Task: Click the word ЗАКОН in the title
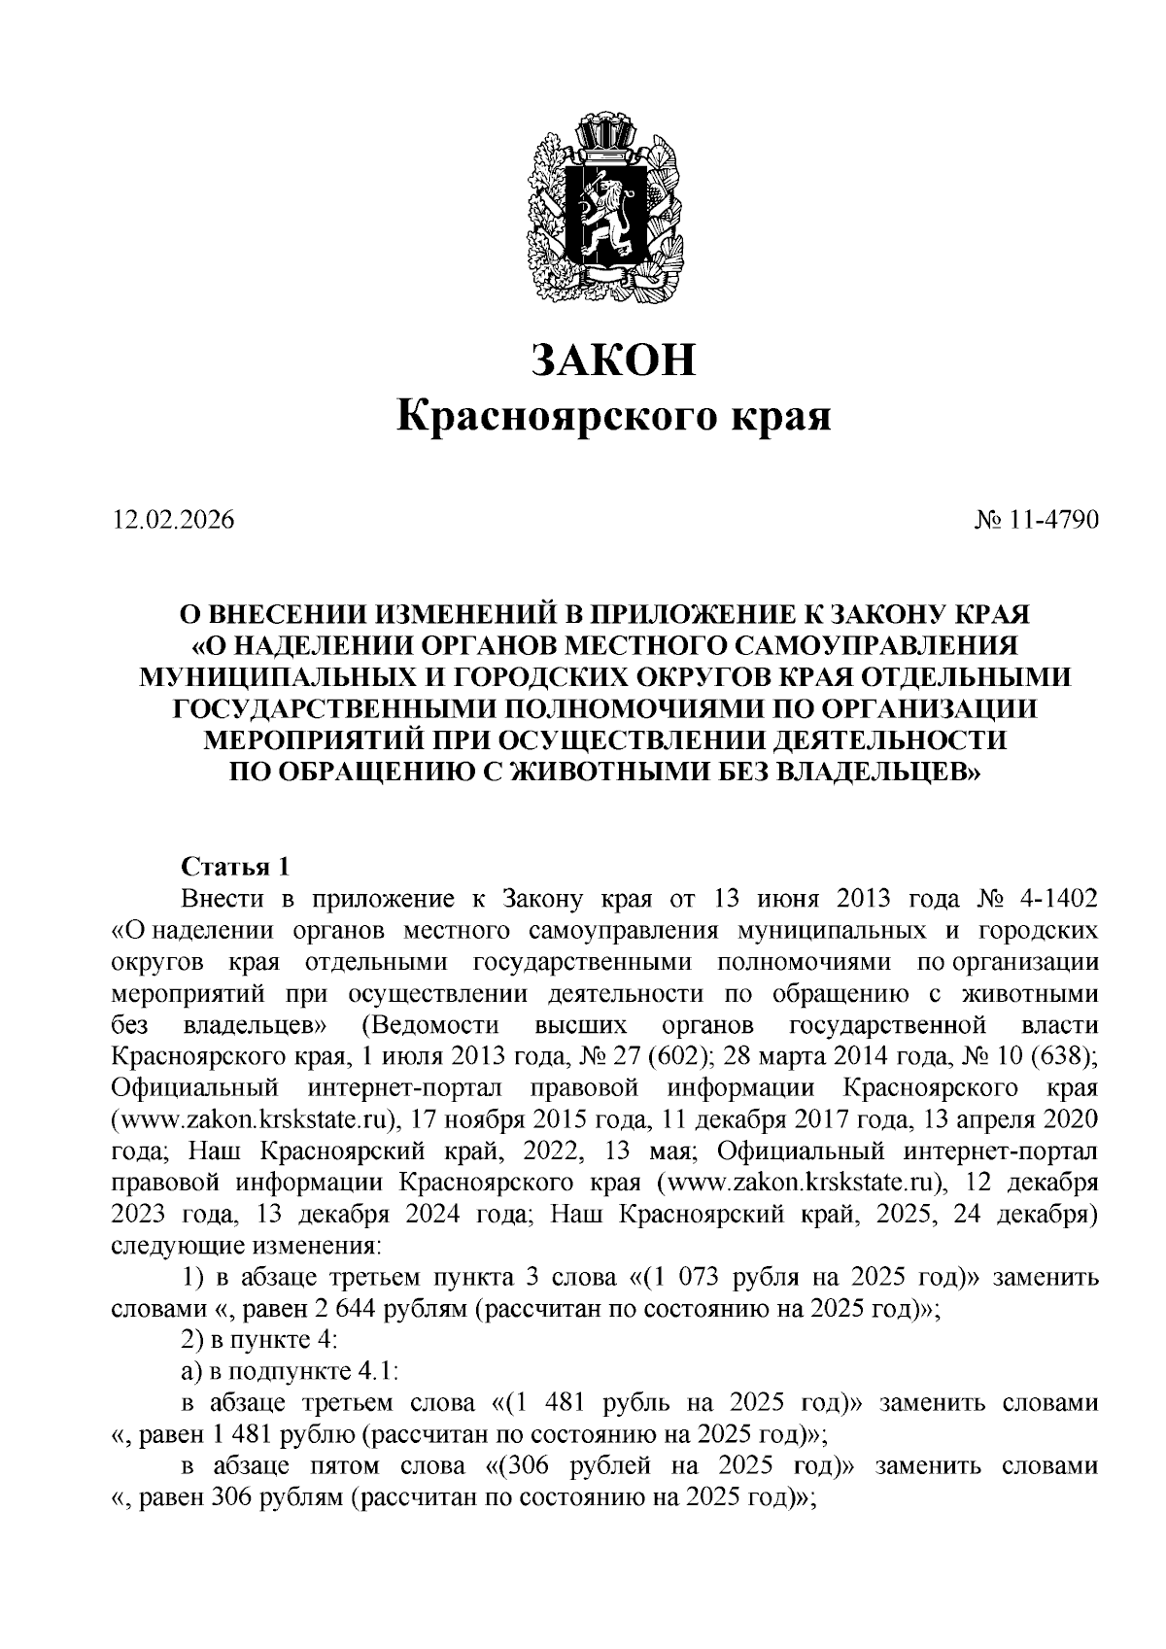(615, 361)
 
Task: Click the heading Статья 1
(236, 865)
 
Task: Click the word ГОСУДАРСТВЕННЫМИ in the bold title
(331, 708)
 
